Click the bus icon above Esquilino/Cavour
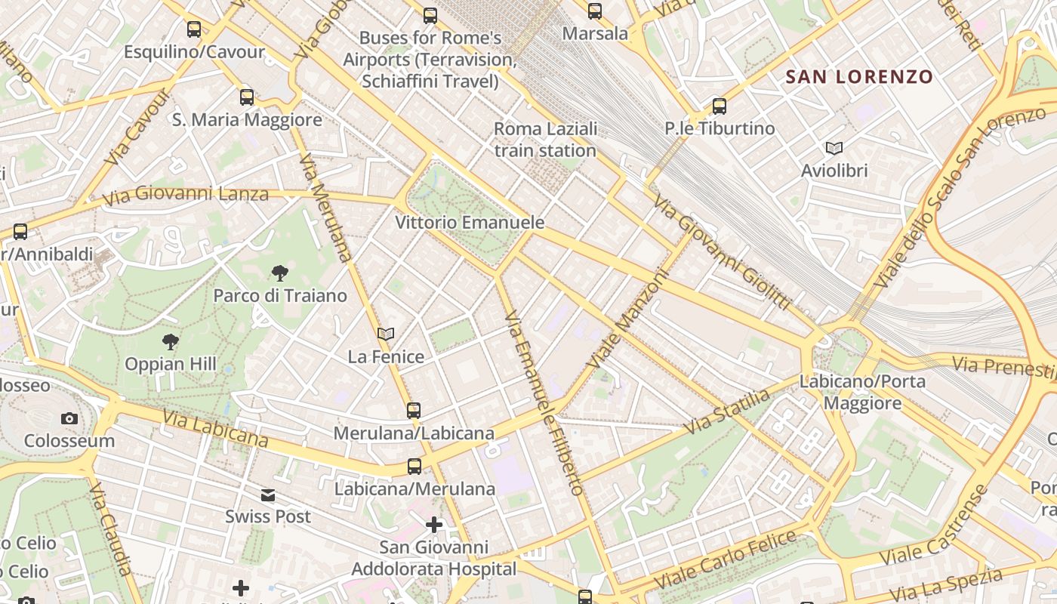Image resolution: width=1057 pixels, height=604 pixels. (194, 29)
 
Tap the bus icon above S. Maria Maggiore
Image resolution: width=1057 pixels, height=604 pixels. (247, 97)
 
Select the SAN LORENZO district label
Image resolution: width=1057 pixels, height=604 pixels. (859, 76)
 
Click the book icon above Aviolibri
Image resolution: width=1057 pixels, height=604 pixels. (834, 148)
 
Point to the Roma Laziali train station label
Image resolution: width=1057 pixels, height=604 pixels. (545, 140)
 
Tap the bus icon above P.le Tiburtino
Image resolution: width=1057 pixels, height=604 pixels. (720, 106)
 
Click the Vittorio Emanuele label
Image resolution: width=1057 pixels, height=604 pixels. (470, 222)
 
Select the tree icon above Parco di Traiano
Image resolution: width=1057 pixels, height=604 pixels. (280, 273)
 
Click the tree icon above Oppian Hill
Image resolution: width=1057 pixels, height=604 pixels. (171, 342)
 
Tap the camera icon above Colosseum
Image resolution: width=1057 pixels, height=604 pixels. (69, 418)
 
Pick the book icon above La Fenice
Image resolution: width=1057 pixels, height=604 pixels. (386, 334)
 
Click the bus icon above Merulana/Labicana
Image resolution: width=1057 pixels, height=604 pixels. (414, 411)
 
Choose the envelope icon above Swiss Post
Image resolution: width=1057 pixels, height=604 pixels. (268, 495)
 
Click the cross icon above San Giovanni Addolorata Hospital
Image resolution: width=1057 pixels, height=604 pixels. (434, 524)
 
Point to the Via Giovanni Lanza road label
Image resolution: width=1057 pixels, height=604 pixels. (186, 196)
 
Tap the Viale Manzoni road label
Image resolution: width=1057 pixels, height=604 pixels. (628, 319)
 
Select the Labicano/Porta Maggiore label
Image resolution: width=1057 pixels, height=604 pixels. (862, 392)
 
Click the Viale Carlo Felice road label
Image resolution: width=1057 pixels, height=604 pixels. (726, 560)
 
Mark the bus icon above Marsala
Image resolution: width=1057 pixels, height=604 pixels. (595, 11)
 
